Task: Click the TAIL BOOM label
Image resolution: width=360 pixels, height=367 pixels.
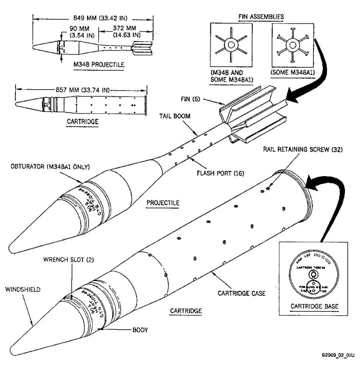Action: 171,116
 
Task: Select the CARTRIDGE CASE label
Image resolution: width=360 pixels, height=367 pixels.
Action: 241,293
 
